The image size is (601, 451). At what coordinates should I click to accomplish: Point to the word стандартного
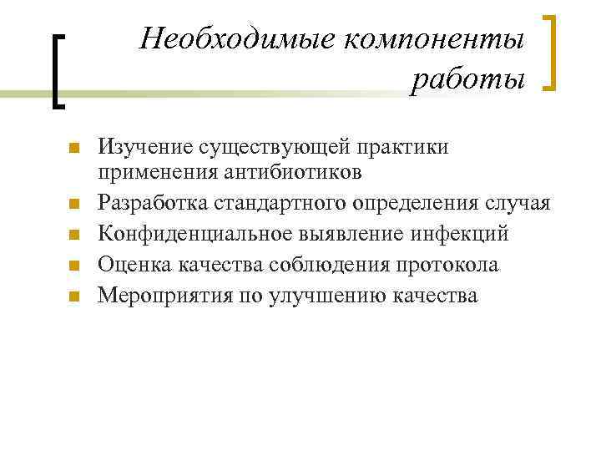tap(284, 204)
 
